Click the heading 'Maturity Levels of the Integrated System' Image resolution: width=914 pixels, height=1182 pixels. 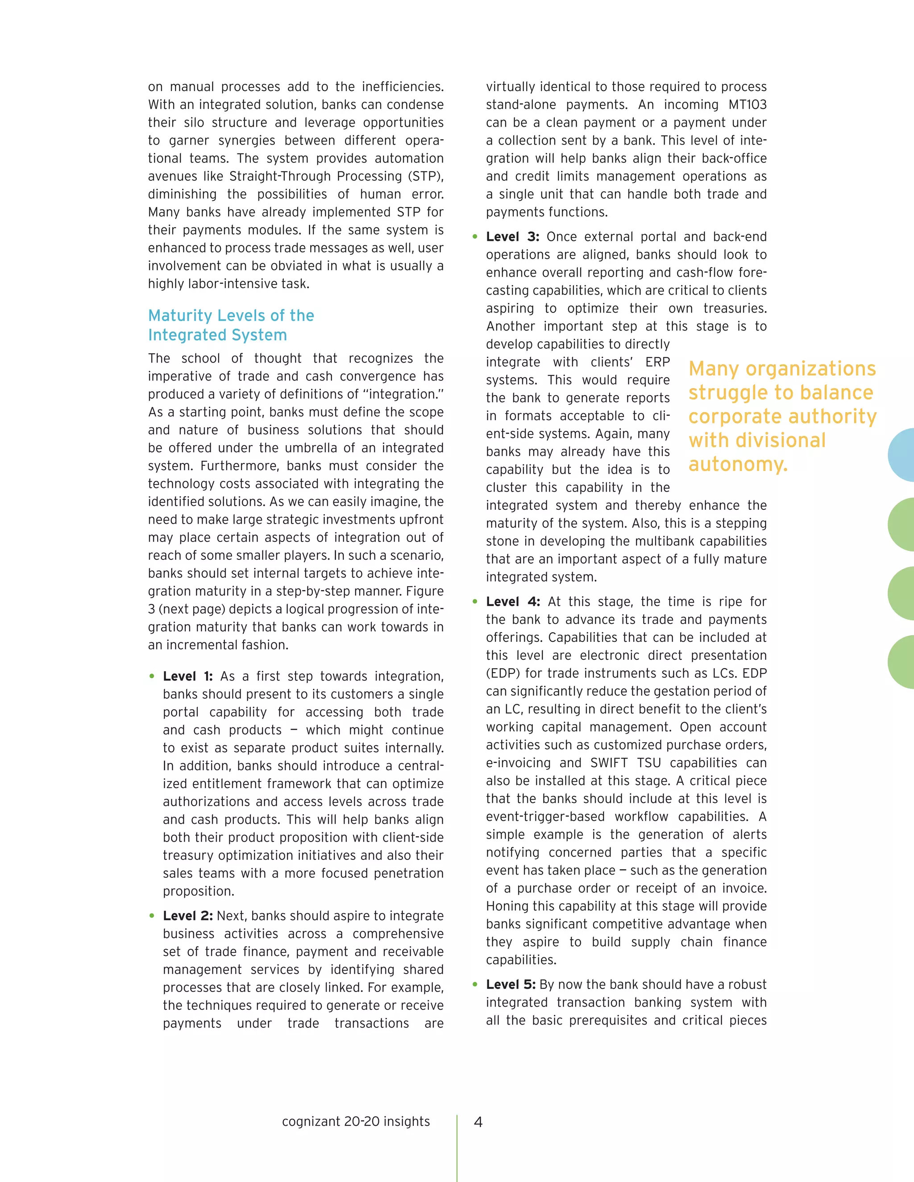231,325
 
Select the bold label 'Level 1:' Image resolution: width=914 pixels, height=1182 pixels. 187,677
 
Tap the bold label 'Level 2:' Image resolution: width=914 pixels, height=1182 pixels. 187,916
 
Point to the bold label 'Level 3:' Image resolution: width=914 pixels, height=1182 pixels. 512,236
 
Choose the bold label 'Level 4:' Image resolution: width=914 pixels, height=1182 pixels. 512,602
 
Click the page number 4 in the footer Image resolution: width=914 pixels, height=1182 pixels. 478,1122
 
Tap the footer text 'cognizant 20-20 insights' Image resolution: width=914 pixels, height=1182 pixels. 356,1121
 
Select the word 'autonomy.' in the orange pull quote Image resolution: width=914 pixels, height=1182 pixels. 737,464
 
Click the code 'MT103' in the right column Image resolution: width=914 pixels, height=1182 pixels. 747,104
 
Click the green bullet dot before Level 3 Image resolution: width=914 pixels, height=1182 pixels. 475,236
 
